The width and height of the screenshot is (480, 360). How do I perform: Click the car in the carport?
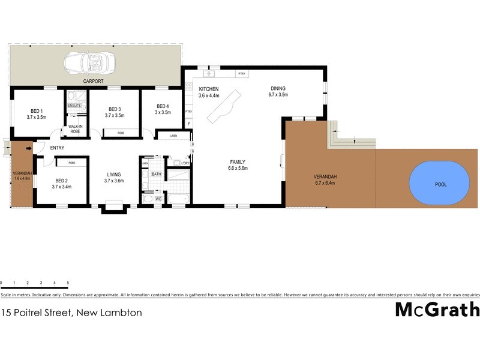click(87, 62)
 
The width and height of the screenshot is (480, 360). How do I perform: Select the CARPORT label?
click(93, 81)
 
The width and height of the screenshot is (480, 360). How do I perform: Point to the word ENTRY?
click(58, 148)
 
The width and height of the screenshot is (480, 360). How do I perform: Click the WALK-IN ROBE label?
click(75, 128)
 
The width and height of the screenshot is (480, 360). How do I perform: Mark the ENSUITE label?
click(74, 106)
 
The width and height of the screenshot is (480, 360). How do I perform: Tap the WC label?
click(159, 198)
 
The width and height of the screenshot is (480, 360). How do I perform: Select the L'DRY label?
click(185, 163)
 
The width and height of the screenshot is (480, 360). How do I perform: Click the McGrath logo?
click(437, 310)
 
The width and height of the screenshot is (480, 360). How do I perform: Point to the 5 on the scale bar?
click(68, 282)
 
